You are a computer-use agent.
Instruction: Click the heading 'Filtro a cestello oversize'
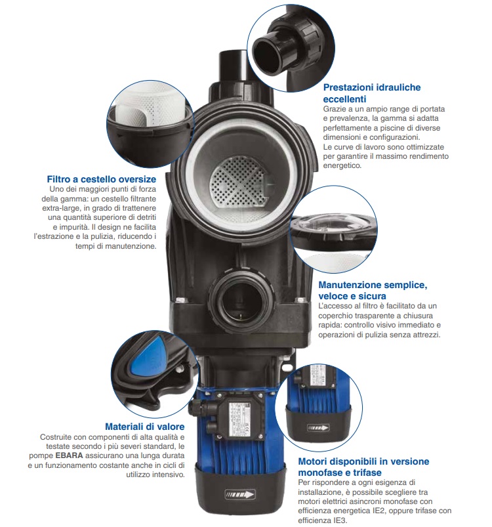click(102, 179)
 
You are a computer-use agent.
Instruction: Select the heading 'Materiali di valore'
click(145, 427)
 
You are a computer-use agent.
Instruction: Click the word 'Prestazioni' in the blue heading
click(347, 87)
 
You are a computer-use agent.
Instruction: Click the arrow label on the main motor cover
click(240, 494)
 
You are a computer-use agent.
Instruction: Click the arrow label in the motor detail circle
click(318, 428)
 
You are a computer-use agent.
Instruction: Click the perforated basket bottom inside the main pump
click(237, 181)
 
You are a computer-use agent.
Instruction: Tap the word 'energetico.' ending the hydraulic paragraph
click(342, 165)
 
